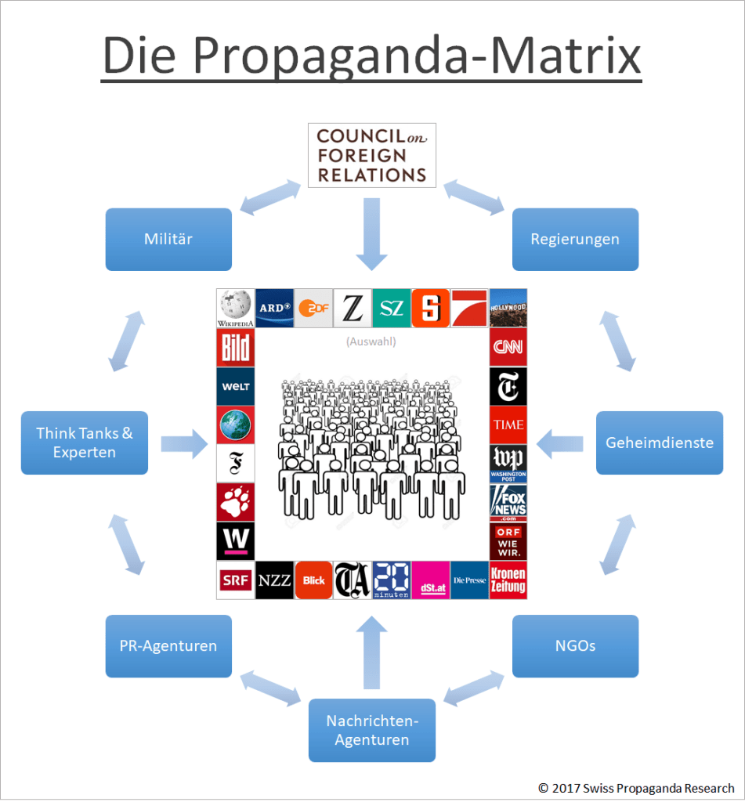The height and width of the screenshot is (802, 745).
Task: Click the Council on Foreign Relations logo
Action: tap(371, 155)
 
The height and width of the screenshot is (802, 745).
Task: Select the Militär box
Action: tap(168, 239)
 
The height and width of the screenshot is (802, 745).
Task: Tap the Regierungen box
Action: tap(575, 239)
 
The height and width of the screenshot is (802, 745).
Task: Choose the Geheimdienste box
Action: tap(659, 443)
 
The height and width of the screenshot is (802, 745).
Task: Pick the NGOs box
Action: tap(575, 646)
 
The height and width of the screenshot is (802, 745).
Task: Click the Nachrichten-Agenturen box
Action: tap(371, 730)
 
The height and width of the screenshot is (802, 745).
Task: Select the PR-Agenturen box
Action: tap(168, 646)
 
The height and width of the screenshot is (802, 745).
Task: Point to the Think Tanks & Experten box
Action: tap(85, 443)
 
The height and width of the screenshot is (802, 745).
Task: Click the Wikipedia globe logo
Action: tap(235, 308)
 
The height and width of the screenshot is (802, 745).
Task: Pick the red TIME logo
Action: tap(508, 424)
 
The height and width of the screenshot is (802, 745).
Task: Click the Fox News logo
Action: tap(508, 502)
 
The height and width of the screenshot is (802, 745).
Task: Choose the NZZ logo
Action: tap(274, 580)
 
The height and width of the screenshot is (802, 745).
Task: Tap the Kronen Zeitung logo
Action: tap(508, 580)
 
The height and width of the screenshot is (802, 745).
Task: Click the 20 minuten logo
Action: tap(391, 580)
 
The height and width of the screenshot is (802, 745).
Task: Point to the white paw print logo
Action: tap(235, 502)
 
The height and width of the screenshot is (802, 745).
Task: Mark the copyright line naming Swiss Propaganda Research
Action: tap(636, 788)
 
